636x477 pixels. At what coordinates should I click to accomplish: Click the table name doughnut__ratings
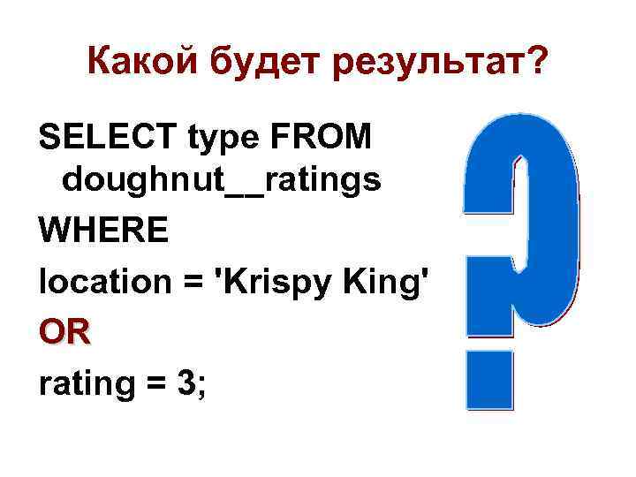pos(222,181)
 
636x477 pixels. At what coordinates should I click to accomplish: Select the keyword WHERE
pos(103,231)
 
